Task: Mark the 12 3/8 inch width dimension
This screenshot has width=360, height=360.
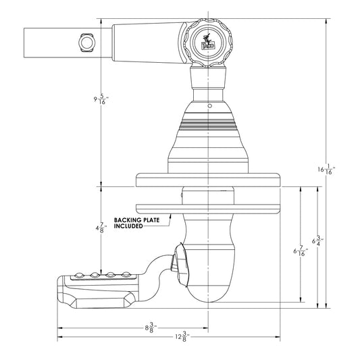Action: click(180, 336)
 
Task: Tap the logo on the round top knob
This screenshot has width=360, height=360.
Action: click(207, 42)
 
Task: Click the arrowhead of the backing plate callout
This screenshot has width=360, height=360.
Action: click(172, 215)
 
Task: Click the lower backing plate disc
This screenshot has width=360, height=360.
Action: click(208, 207)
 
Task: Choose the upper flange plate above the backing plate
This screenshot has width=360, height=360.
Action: click(208, 181)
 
